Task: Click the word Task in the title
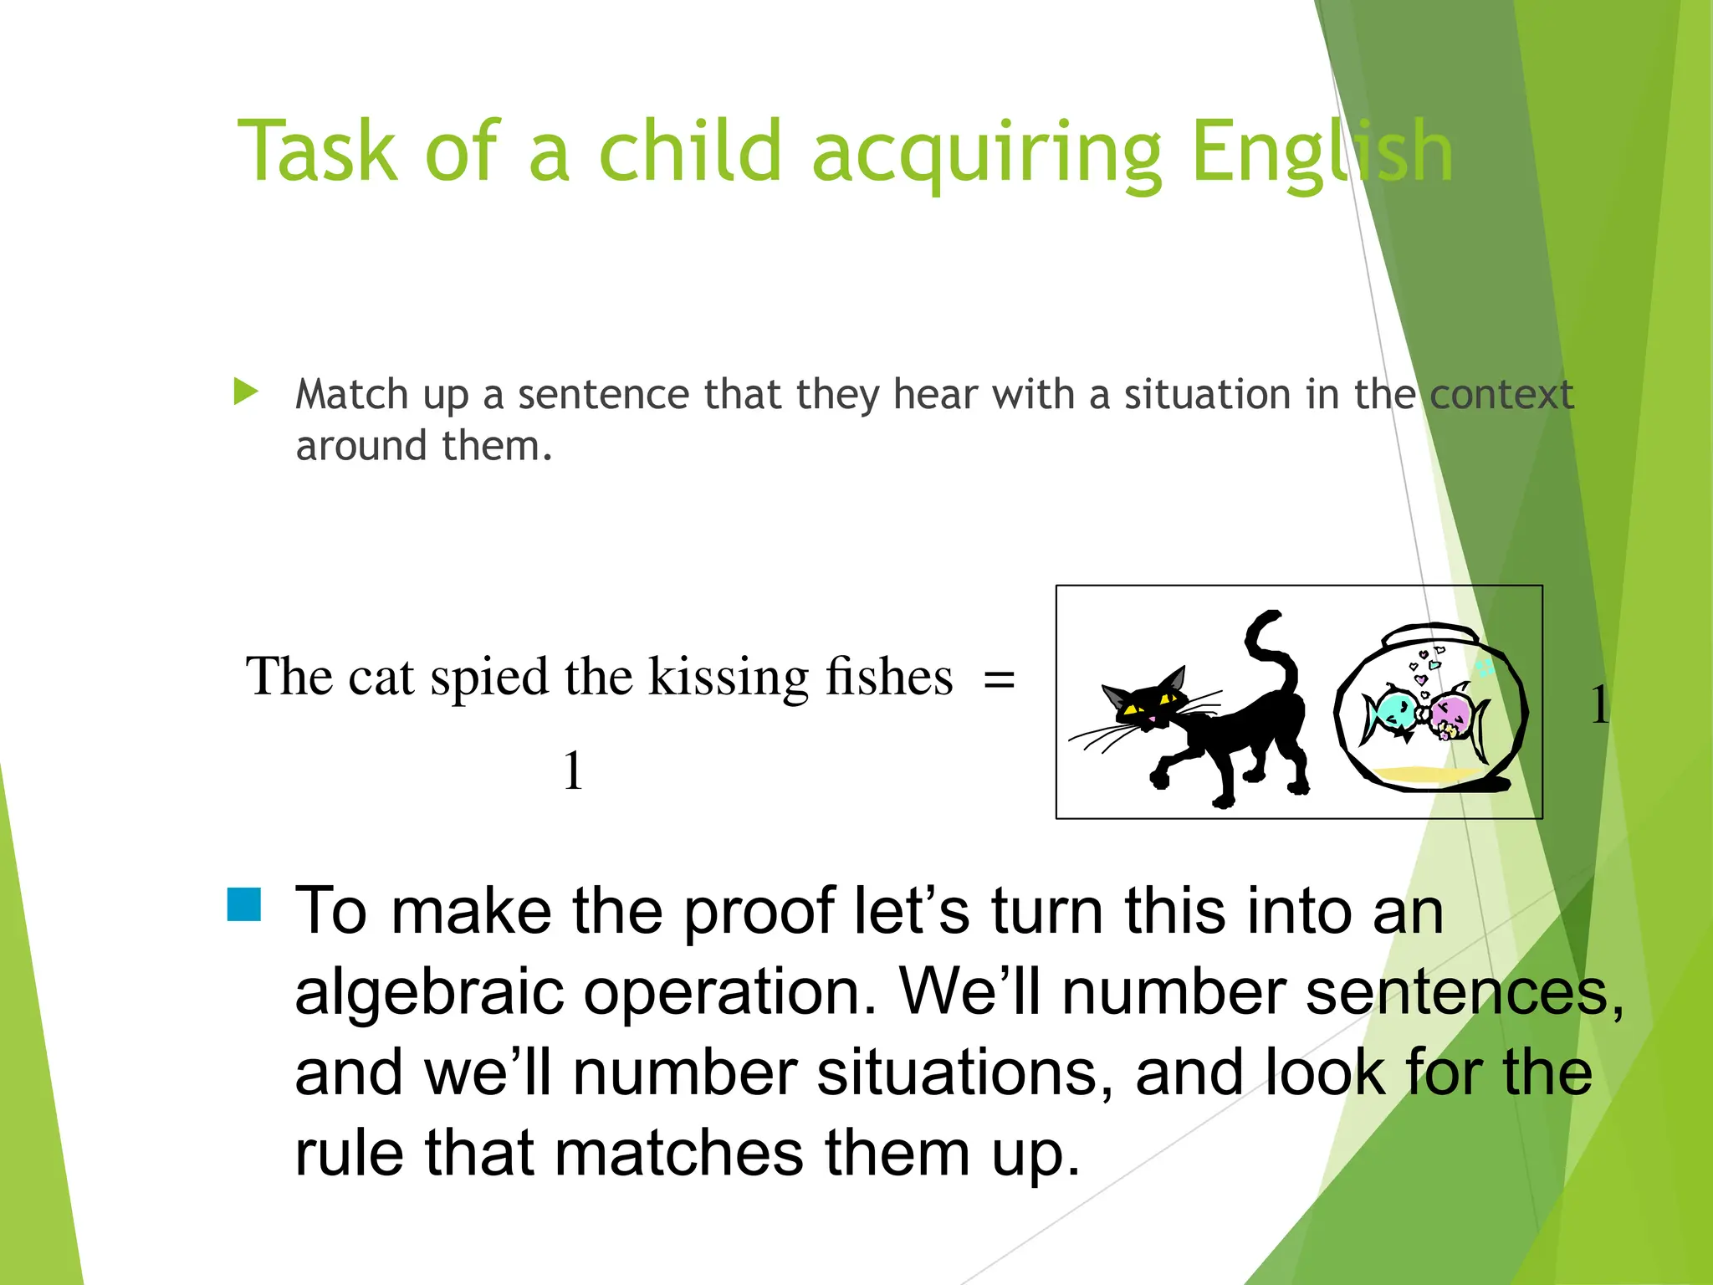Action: [317, 151]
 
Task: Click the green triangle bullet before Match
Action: [245, 392]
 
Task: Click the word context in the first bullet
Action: [1501, 395]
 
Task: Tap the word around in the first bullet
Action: [361, 446]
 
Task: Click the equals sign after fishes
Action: [999, 678]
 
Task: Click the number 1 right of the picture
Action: [1598, 704]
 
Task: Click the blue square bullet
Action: [244, 904]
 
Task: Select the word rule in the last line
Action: [350, 1154]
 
